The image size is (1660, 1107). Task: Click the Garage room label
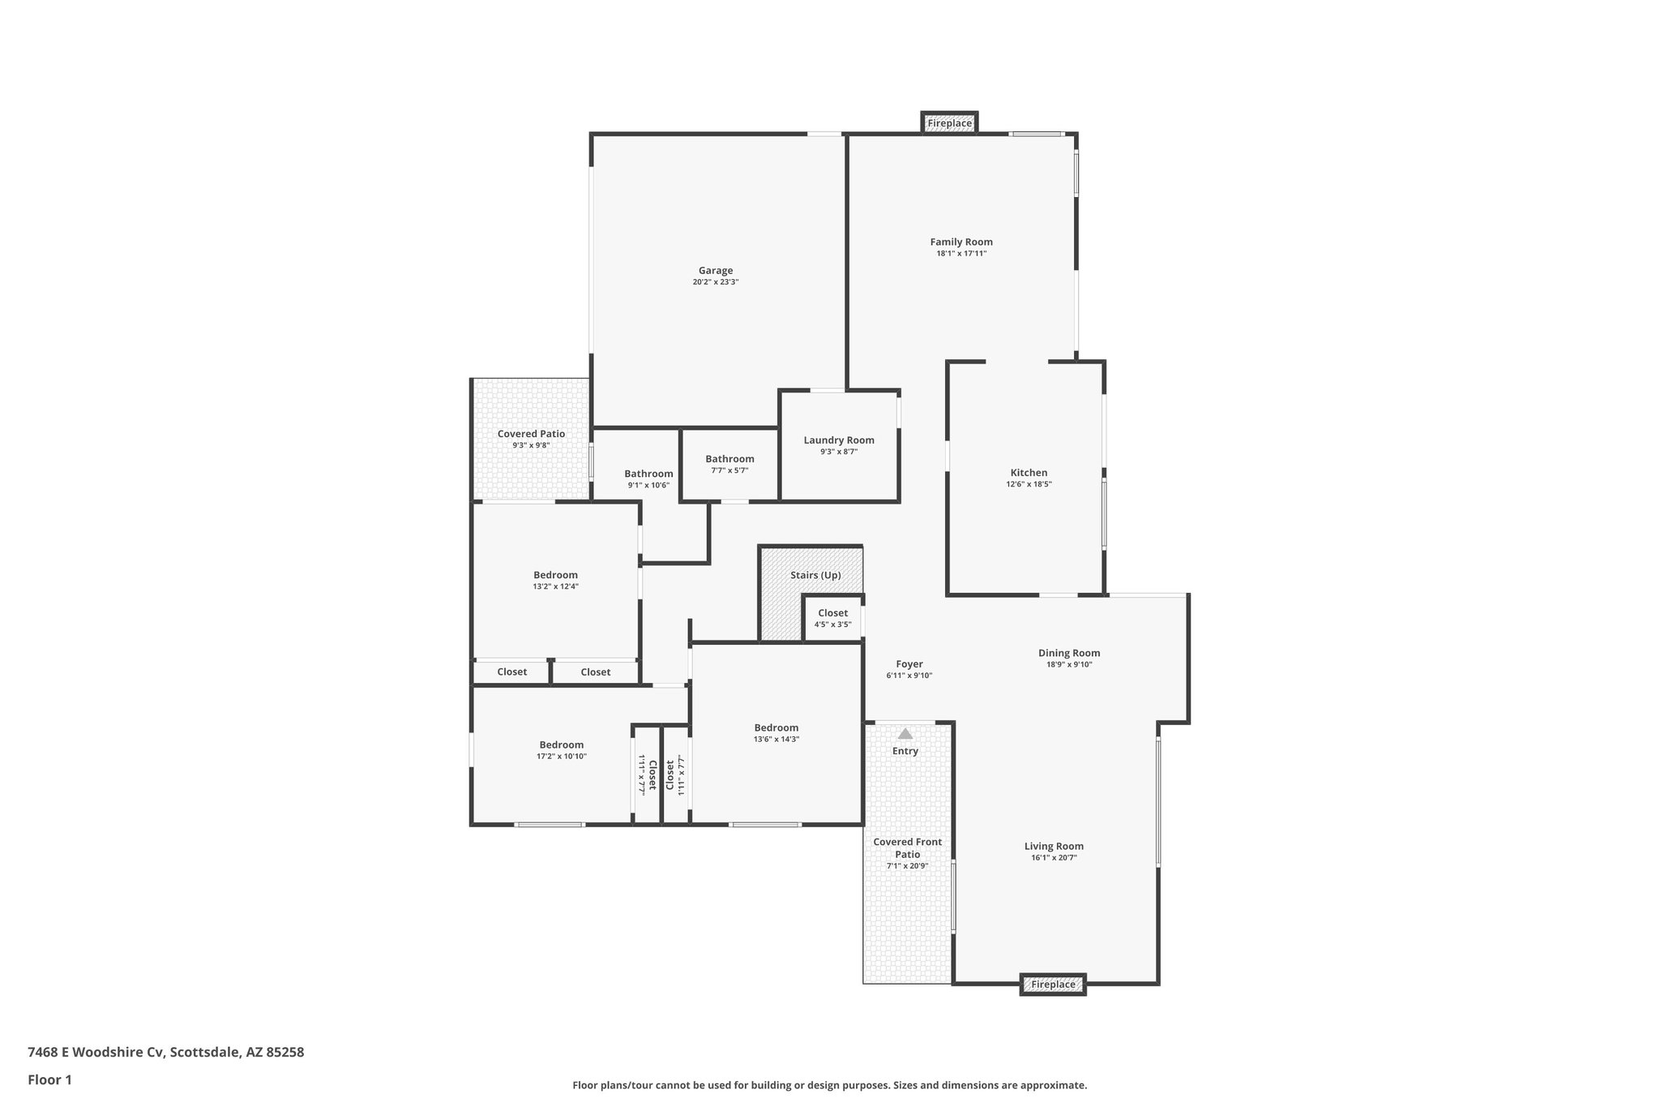716,271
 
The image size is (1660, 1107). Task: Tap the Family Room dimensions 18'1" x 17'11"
961,254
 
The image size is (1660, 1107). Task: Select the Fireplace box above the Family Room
949,123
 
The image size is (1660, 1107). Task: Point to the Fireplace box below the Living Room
1053,985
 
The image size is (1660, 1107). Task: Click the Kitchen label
1029,473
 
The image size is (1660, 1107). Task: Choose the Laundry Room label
839,440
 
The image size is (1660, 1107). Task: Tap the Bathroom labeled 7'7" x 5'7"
729,459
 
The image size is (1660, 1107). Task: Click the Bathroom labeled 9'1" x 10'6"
648,474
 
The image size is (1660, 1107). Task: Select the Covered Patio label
531,434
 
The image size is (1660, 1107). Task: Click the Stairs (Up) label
815,575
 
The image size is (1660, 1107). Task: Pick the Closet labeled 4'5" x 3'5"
832,613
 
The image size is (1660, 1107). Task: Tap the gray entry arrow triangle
905,734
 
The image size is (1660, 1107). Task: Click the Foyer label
909,664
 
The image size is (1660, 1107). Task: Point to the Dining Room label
1069,653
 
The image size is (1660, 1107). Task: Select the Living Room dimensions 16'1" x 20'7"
1054,857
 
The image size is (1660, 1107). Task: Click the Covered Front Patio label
908,847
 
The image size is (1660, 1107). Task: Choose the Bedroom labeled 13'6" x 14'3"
777,728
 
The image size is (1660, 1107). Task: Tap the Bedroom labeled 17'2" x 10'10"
562,745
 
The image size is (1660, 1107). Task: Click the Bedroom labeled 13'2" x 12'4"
555,575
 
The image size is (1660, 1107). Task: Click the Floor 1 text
49,1079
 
